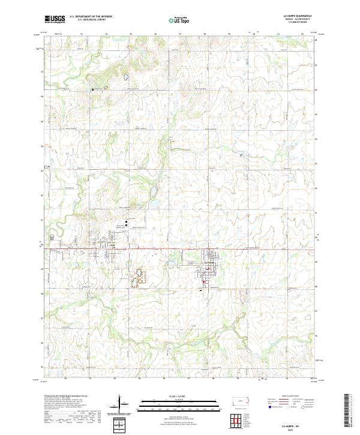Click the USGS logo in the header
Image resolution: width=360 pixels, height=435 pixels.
pyautogui.click(x=55, y=19)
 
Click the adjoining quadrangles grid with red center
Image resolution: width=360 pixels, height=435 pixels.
pyautogui.click(x=239, y=419)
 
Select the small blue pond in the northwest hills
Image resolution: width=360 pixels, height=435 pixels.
pyautogui.click(x=125, y=77)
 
